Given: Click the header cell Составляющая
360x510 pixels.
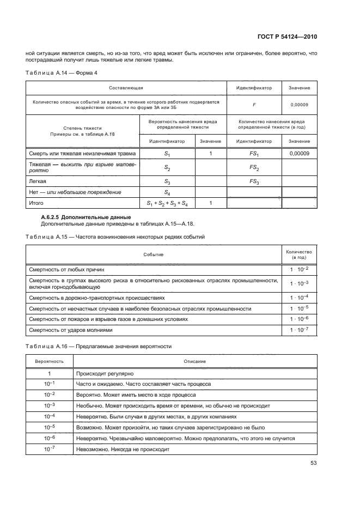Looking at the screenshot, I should [x=126, y=88].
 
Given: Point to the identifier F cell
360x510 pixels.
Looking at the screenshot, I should [x=254, y=104].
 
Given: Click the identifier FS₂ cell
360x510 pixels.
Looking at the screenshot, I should [x=254, y=168].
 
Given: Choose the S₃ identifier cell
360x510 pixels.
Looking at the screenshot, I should [x=167, y=181].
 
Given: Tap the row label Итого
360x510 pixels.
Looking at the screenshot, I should [x=36, y=203].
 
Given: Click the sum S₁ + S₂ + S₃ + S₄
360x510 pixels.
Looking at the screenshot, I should [x=167, y=203].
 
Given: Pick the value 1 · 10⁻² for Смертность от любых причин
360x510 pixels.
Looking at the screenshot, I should [x=298, y=269].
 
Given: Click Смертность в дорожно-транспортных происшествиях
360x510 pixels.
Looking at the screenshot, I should [x=96, y=298].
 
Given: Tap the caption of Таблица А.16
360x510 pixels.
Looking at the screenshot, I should [x=99, y=347].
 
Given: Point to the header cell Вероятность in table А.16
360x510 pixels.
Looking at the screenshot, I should [x=50, y=361].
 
